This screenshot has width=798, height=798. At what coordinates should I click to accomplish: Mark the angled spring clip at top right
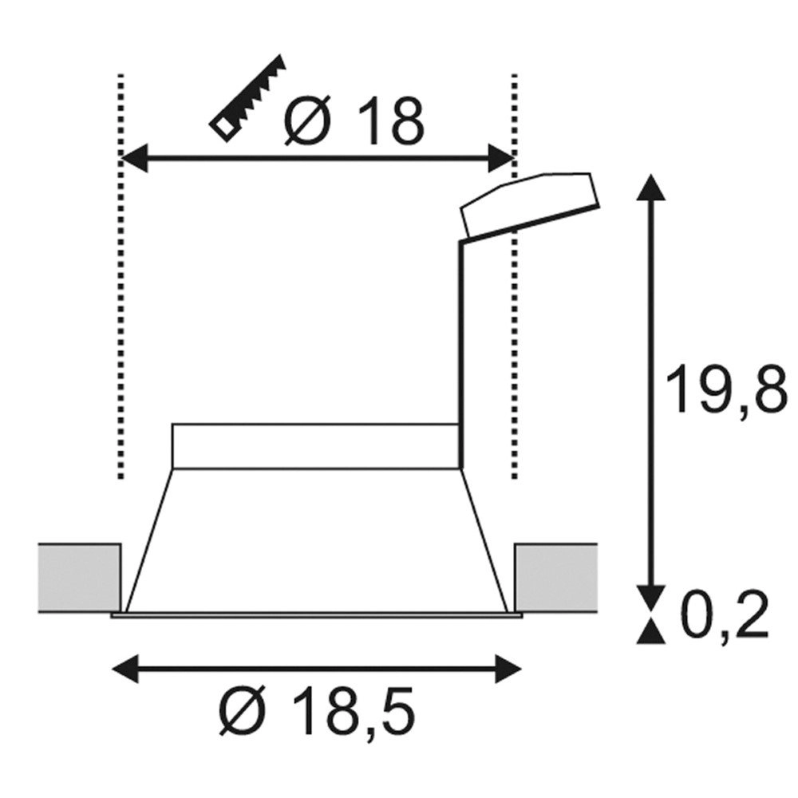(x=528, y=204)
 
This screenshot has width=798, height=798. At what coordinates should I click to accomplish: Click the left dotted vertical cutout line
(x=120, y=319)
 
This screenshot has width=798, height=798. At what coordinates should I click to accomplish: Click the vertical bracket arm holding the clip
(x=460, y=351)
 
